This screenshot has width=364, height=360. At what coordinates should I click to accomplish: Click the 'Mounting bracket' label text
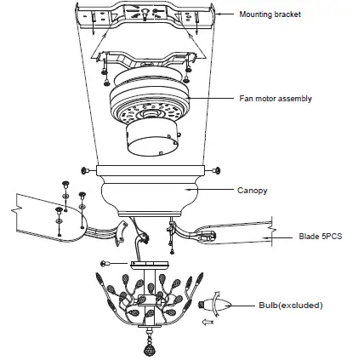tap(270, 14)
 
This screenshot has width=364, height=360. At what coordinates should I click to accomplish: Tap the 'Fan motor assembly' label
tap(275, 99)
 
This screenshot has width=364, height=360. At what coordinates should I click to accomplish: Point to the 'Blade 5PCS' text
tap(320, 237)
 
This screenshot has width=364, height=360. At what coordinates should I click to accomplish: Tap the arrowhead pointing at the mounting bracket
tap(219, 14)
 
